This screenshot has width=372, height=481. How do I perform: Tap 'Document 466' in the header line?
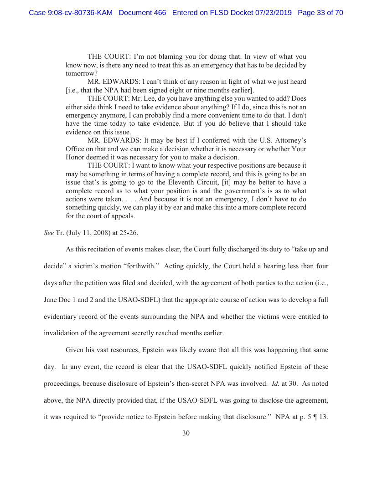point(142,13)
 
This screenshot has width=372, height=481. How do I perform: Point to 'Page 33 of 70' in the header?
point(320,13)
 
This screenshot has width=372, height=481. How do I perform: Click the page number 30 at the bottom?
point(186,433)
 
